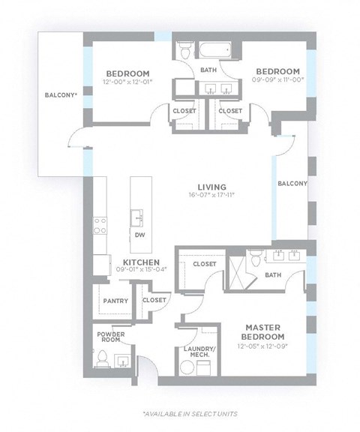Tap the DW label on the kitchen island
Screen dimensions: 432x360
(139, 235)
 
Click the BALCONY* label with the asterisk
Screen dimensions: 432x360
(60, 95)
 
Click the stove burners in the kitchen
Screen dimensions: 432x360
(99, 226)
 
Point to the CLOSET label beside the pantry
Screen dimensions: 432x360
(154, 300)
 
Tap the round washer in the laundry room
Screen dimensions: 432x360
(186, 367)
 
